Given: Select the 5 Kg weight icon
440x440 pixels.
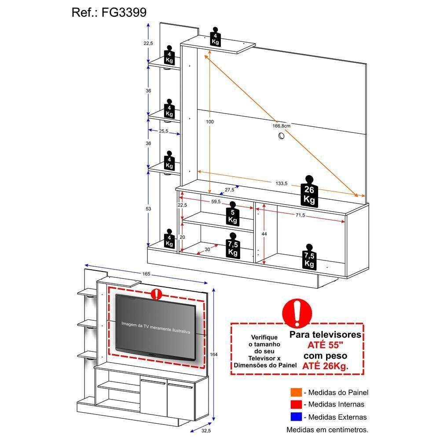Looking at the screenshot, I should [x=233, y=214].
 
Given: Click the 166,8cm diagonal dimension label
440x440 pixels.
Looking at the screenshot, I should [x=281, y=126].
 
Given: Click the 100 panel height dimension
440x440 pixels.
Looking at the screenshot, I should [x=210, y=121].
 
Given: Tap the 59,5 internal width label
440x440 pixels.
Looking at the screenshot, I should [x=216, y=202].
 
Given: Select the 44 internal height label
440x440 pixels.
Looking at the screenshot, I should [x=264, y=235].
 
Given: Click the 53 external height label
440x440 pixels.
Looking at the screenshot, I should [x=148, y=209].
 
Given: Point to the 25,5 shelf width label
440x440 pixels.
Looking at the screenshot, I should [x=164, y=131].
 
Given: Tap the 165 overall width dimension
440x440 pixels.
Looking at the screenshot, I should [x=146, y=274].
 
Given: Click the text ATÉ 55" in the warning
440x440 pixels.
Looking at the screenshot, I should [x=325, y=345].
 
